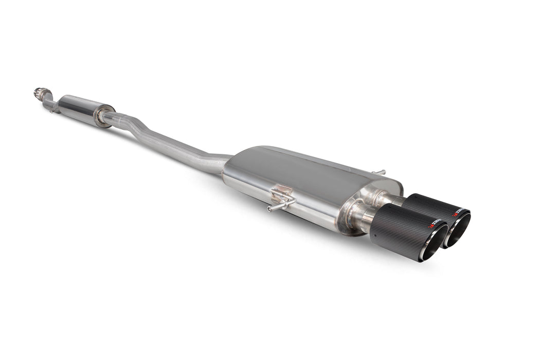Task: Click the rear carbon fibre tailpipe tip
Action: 427,206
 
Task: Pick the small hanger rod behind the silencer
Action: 379,172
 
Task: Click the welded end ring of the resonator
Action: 105,115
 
